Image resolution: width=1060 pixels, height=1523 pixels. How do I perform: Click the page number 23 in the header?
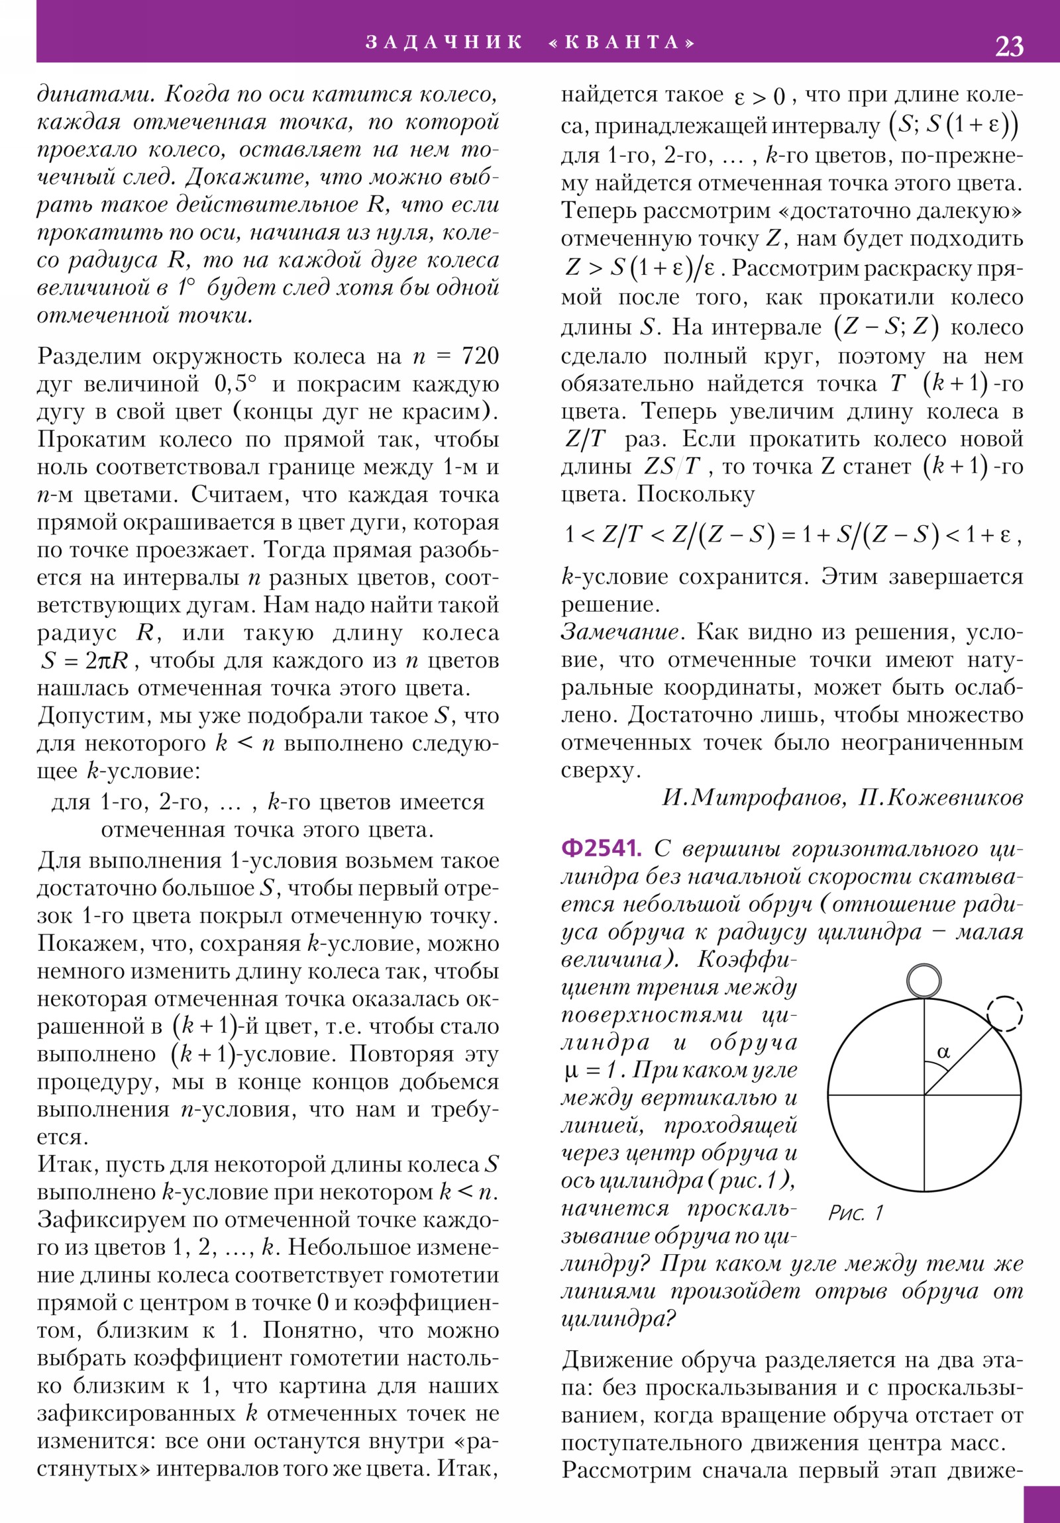[1008, 46]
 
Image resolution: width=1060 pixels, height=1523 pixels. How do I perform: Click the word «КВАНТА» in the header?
[623, 42]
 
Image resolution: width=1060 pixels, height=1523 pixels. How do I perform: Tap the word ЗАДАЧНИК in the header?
[444, 42]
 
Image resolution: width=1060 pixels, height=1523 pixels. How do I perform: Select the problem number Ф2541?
[601, 848]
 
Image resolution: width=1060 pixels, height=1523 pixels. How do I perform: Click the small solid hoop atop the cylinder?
[924, 981]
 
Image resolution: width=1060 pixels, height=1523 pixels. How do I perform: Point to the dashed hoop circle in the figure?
[1004, 1014]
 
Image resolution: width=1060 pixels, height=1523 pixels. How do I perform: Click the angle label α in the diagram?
[943, 1052]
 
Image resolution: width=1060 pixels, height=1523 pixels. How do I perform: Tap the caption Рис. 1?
[855, 1212]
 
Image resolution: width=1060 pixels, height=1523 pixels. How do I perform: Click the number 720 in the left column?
[479, 356]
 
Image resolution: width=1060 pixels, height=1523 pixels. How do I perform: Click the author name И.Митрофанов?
[754, 797]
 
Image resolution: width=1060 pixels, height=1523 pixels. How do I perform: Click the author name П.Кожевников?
[941, 797]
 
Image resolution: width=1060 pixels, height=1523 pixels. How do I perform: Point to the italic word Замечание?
[621, 632]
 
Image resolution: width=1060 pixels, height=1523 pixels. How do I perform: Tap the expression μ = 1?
[592, 1069]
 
